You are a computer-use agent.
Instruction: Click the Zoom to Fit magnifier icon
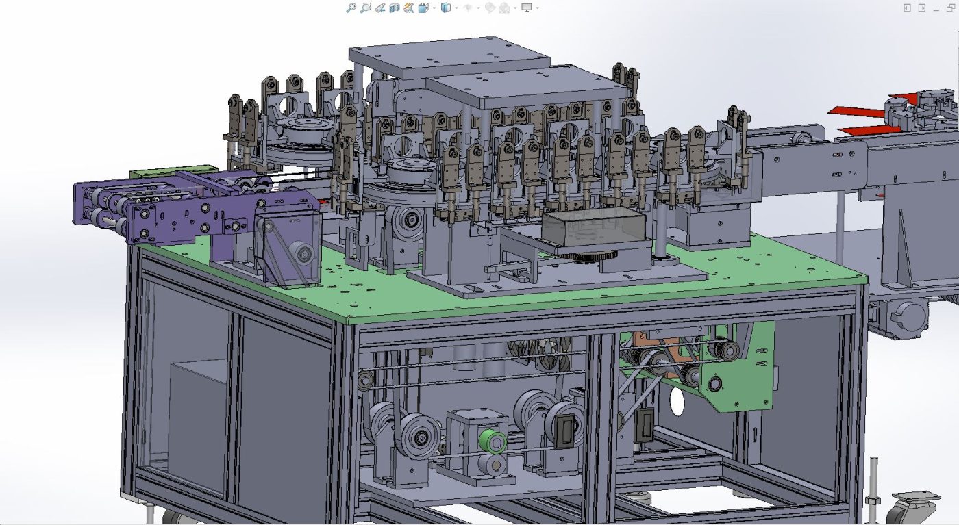click(x=351, y=8)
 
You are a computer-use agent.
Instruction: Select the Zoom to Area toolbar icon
click(x=365, y=8)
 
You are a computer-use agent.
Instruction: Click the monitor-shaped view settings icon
click(x=527, y=8)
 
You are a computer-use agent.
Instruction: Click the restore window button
click(x=950, y=8)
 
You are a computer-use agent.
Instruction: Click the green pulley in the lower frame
click(x=493, y=441)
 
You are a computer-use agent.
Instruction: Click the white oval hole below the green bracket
click(x=677, y=402)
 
